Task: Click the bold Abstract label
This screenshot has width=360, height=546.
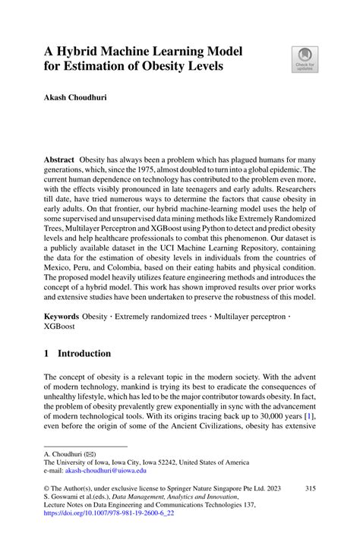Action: tap(58, 162)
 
